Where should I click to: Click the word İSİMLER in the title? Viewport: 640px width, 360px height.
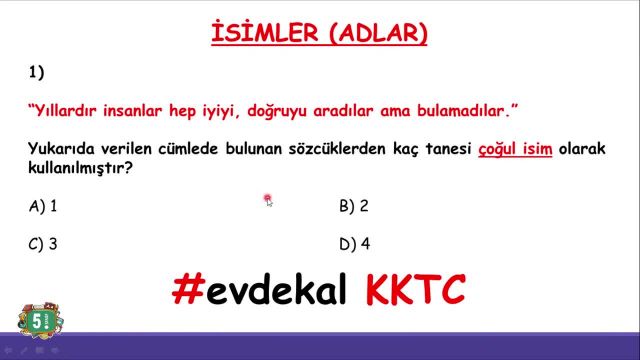262,34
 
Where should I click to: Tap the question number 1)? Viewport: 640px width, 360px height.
37,73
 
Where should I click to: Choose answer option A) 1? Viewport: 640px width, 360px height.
43,206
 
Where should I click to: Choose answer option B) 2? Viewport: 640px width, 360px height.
354,206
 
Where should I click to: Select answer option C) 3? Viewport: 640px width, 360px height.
43,243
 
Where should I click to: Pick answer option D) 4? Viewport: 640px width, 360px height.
354,243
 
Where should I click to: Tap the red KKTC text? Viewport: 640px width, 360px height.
415,290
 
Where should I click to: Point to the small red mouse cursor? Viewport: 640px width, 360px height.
268,200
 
